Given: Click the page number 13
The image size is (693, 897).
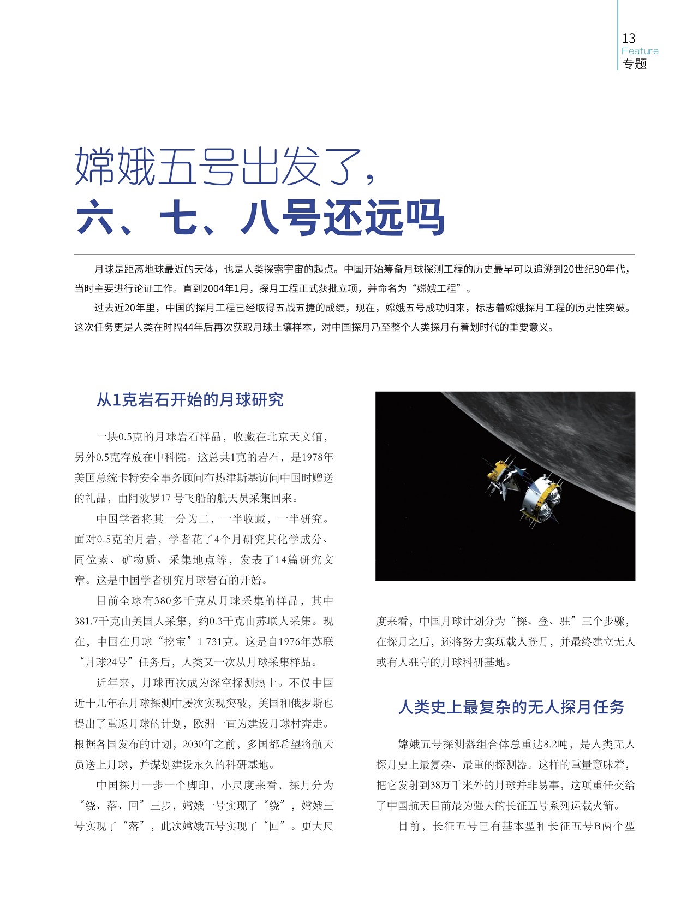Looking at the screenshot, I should click(629, 38).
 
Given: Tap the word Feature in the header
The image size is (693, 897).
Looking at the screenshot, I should click(640, 51).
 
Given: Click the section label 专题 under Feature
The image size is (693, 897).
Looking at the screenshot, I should click(634, 64).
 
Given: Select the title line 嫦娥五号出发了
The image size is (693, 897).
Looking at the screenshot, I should click(224, 166).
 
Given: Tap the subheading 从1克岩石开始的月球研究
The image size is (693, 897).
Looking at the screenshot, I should click(190, 400).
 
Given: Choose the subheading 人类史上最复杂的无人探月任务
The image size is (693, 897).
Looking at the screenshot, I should click(511, 707).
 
